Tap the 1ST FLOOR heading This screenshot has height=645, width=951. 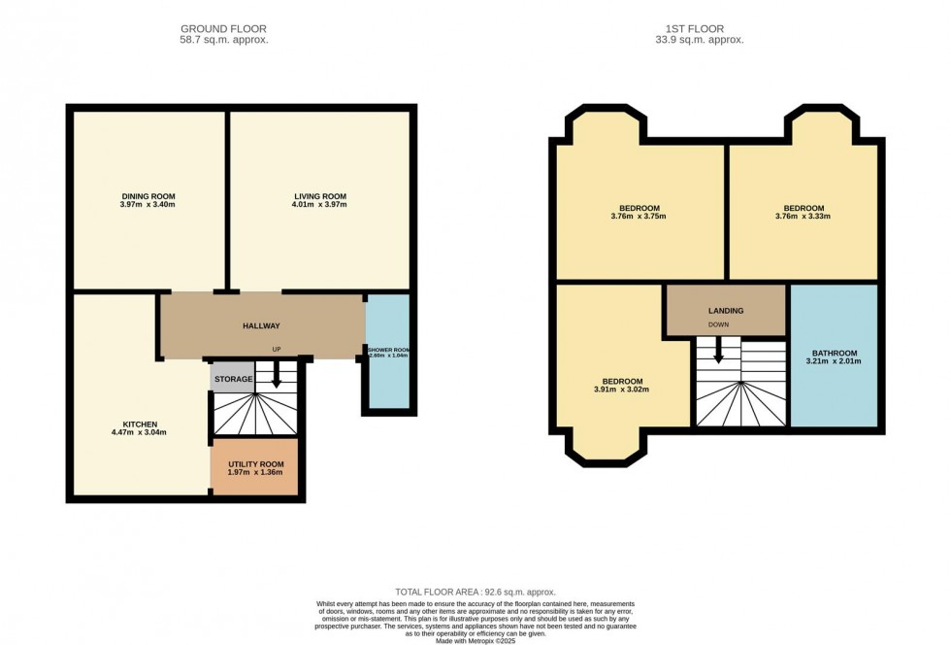(x=704, y=29)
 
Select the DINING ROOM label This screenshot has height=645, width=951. (x=148, y=196)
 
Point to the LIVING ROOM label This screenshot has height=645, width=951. (x=320, y=196)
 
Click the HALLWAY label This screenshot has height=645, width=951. (x=261, y=326)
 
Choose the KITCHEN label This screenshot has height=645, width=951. (x=140, y=424)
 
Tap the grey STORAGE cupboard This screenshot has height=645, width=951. (x=233, y=379)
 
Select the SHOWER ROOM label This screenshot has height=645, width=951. (x=388, y=349)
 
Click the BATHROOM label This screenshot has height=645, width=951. (x=833, y=353)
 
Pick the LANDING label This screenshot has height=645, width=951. (x=725, y=311)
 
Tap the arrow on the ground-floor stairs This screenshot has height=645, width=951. (x=276, y=376)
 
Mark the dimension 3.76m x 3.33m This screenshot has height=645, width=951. (x=803, y=217)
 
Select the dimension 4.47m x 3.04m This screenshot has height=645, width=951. (x=140, y=433)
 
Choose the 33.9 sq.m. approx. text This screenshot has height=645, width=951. (x=704, y=40)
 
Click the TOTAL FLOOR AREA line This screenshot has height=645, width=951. (x=475, y=592)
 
